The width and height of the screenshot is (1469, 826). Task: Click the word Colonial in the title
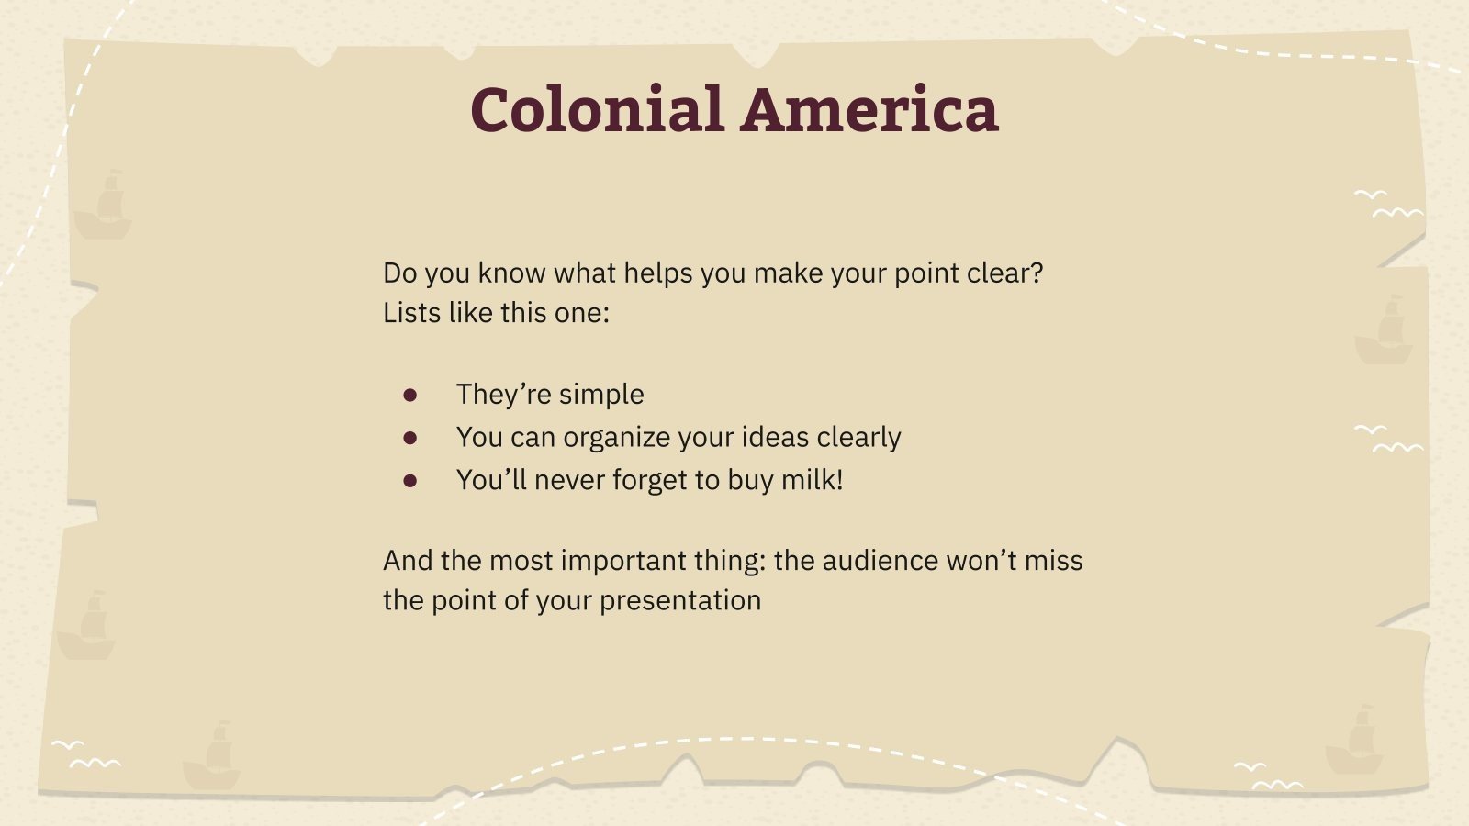coord(598,110)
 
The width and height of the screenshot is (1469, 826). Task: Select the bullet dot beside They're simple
coord(410,395)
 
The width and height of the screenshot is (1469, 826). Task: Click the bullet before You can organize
coord(410,438)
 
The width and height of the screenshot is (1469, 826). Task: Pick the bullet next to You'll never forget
coord(410,480)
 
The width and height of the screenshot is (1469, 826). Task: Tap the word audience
coord(879,561)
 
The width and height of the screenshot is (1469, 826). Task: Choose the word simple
coord(601,395)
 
